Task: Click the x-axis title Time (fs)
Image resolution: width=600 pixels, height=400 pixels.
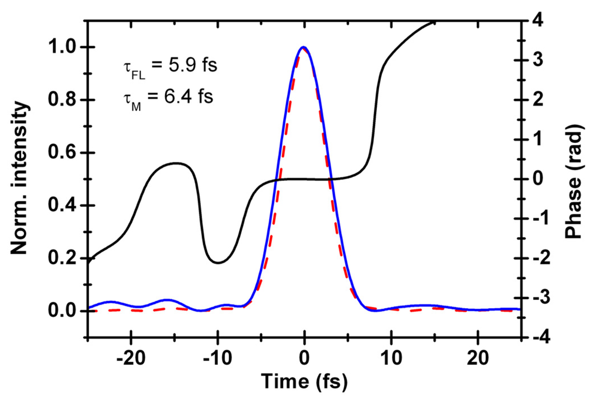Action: (304, 382)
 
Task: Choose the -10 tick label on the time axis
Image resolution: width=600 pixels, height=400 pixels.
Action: (217, 356)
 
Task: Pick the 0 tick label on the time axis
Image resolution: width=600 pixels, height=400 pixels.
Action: (304, 356)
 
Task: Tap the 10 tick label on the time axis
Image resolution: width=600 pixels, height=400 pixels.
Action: (391, 356)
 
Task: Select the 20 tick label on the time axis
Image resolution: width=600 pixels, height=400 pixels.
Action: (478, 356)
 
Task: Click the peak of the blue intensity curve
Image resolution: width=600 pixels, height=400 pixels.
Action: (304, 47)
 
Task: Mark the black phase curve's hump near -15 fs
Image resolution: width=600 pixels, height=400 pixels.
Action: (176, 163)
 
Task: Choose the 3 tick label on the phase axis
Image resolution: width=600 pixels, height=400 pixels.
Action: (537, 60)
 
